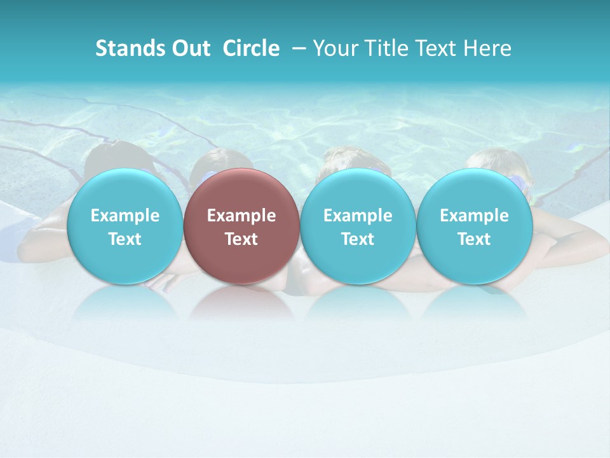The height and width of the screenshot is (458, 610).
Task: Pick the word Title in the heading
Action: point(383,48)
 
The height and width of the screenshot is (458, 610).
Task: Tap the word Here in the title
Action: point(487,48)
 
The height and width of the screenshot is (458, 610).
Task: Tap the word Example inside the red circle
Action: point(241,216)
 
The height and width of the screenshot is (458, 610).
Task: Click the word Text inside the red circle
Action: point(241,239)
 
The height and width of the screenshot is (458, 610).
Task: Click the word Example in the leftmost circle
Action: point(125,216)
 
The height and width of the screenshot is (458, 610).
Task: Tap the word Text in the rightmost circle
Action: point(475,239)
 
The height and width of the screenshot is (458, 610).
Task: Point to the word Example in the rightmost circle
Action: point(475,216)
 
